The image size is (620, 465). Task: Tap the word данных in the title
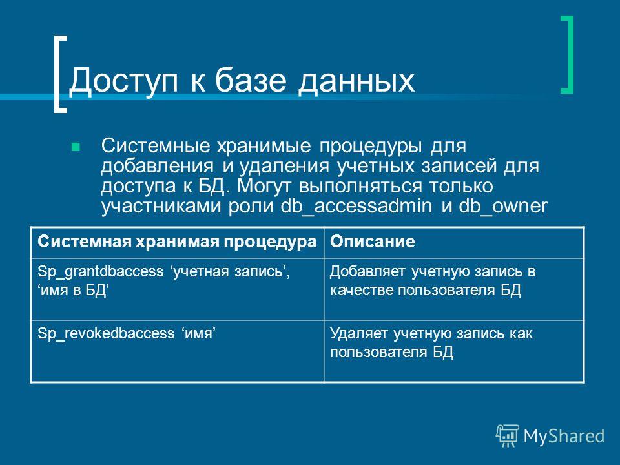coord(356,81)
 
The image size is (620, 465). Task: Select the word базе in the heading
coord(251,80)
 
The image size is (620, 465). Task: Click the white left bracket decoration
coord(57,75)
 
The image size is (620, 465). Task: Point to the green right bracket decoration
coord(570,54)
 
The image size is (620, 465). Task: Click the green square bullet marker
coord(75,147)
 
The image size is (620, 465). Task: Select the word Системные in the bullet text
coord(156,145)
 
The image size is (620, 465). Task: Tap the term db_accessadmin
coord(356,206)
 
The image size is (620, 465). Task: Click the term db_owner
coord(503,206)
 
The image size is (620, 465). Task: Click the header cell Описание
coord(373,241)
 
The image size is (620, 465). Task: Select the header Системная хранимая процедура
coord(177,242)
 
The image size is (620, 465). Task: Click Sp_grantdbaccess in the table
coord(101,272)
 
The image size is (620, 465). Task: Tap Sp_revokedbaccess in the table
coord(106,333)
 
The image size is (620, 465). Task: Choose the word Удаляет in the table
coord(358,334)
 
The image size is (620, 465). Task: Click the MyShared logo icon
coord(508,435)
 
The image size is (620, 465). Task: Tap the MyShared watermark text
coord(564,436)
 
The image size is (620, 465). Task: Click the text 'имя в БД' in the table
coord(74,291)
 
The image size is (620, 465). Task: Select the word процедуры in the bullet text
coord(370,147)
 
